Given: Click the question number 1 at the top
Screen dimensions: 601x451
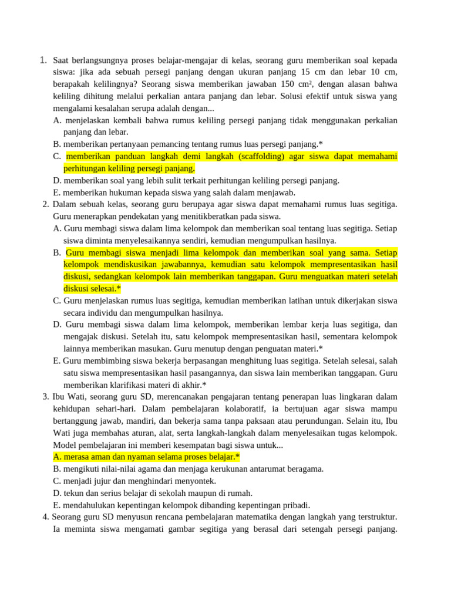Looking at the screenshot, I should pos(43,60).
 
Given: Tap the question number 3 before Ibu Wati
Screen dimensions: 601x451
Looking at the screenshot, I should pos(46,397).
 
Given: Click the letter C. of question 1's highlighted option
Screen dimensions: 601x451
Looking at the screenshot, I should pos(57,156).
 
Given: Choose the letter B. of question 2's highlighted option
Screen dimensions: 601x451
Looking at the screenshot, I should pos(57,252).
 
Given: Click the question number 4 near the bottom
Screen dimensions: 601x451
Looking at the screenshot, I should pos(46,517).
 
